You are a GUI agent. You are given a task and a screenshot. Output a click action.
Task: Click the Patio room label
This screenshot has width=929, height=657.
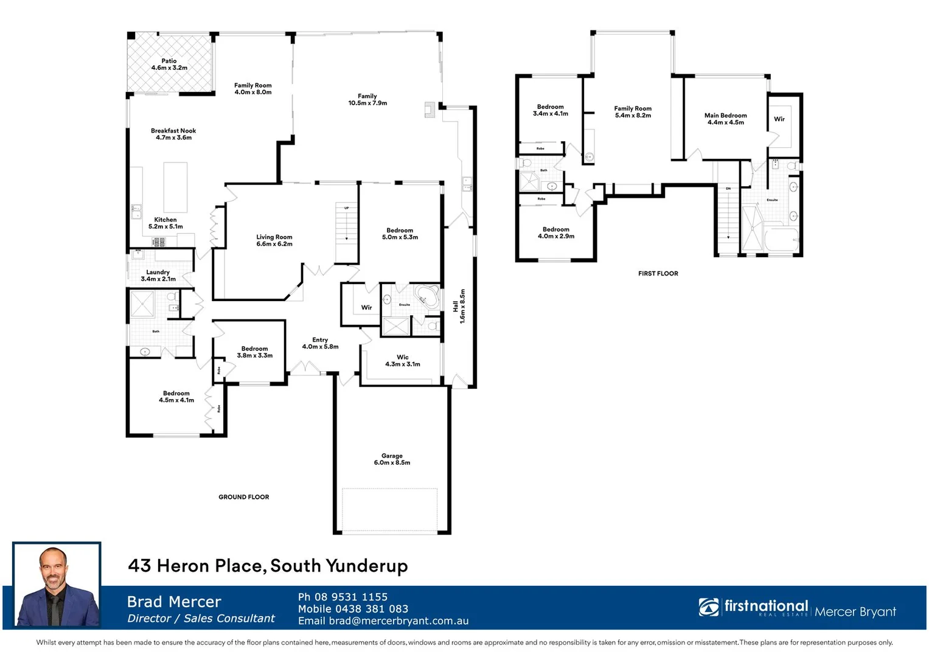169,64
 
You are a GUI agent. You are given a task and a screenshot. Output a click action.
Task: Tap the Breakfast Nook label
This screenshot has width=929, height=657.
173,134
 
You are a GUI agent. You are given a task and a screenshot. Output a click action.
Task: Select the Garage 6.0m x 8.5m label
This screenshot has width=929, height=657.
392,459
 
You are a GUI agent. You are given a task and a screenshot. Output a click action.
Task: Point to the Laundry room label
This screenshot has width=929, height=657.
158,276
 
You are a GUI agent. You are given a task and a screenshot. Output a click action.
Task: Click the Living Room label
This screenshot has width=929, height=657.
274,240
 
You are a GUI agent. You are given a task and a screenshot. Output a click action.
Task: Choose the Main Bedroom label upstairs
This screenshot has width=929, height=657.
725,119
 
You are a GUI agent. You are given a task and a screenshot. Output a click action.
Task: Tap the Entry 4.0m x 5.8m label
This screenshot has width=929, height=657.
320,343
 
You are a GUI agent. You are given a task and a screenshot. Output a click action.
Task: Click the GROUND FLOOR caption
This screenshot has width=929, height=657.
243,497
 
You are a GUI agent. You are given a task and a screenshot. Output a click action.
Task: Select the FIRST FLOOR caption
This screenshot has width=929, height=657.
658,274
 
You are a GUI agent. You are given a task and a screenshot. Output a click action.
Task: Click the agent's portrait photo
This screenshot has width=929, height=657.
57,585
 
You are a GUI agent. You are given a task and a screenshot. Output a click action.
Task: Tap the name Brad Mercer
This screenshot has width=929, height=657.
174,602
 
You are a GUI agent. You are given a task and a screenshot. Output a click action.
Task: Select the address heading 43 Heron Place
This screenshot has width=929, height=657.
268,566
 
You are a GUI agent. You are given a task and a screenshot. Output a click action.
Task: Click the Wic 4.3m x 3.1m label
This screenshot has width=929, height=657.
403,361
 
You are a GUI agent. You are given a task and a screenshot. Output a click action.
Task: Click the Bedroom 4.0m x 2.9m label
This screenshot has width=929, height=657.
556,233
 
